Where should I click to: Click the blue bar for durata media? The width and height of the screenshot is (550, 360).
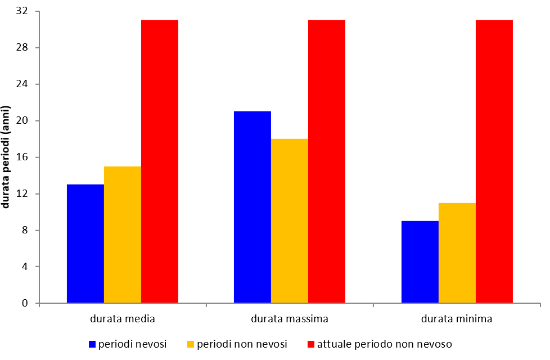(85, 244)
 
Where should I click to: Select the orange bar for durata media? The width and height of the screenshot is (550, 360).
(123, 235)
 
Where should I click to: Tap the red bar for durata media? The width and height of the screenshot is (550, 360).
(160, 161)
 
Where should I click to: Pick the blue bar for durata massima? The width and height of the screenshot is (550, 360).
(253, 207)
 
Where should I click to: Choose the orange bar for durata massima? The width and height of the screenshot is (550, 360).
(290, 220)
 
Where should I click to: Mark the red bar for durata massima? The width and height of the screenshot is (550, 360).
(327, 161)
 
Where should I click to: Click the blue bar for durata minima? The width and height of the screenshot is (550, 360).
(420, 262)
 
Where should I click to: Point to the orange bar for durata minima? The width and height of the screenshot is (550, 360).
(457, 253)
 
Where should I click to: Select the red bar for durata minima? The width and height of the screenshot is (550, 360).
(494, 161)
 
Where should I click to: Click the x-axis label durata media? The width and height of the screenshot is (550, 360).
(123, 319)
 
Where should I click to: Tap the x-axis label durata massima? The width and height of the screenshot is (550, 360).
(290, 319)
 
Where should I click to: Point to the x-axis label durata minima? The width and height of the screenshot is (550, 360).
(457, 319)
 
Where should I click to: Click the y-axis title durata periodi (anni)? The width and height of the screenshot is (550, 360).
(7, 156)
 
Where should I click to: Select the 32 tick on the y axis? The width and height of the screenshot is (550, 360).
(25, 11)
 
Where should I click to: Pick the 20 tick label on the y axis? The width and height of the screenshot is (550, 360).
(25, 120)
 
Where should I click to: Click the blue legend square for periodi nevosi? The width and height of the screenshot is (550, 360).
(92, 344)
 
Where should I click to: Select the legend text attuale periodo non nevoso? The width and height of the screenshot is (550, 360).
(385, 344)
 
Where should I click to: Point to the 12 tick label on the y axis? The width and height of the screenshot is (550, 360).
(25, 193)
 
